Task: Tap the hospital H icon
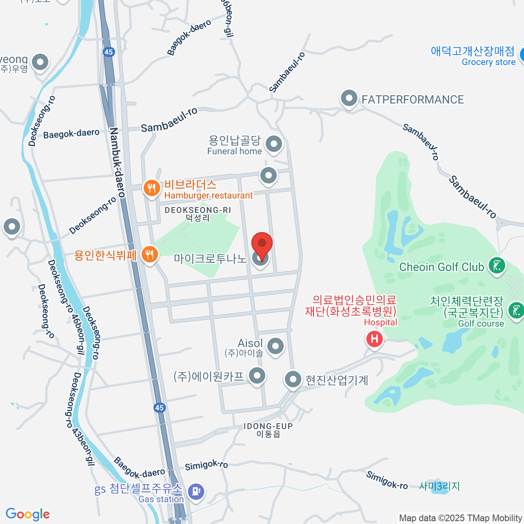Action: click(x=374, y=339)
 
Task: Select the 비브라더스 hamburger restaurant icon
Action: click(x=152, y=188)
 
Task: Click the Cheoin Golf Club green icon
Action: click(x=496, y=265)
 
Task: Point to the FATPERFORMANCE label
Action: click(x=413, y=100)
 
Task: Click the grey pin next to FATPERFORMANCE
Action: click(x=349, y=98)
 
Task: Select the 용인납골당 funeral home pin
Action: click(x=274, y=144)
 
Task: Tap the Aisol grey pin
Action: click(x=275, y=346)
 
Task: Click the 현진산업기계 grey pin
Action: click(x=293, y=379)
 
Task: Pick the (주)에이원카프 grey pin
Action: click(x=257, y=375)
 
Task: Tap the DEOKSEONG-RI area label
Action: click(x=197, y=210)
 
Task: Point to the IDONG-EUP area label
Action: click(x=268, y=426)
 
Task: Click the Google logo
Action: click(x=28, y=514)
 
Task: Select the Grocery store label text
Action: click(x=489, y=62)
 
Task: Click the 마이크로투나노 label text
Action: click(x=210, y=259)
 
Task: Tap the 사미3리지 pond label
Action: click(x=439, y=486)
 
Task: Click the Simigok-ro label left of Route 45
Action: click(x=206, y=465)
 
